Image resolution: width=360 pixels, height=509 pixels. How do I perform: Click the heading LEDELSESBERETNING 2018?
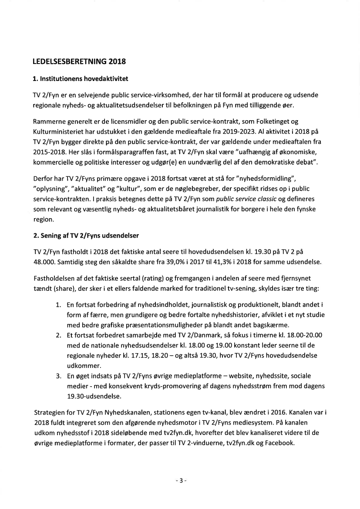coord(79,61)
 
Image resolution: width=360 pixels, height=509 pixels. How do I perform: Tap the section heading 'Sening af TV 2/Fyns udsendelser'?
coord(86,236)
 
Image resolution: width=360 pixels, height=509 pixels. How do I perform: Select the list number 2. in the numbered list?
coord(58,335)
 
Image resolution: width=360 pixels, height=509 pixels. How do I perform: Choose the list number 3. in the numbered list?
coord(58,375)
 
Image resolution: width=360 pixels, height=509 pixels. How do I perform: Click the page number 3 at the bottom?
coord(180,481)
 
